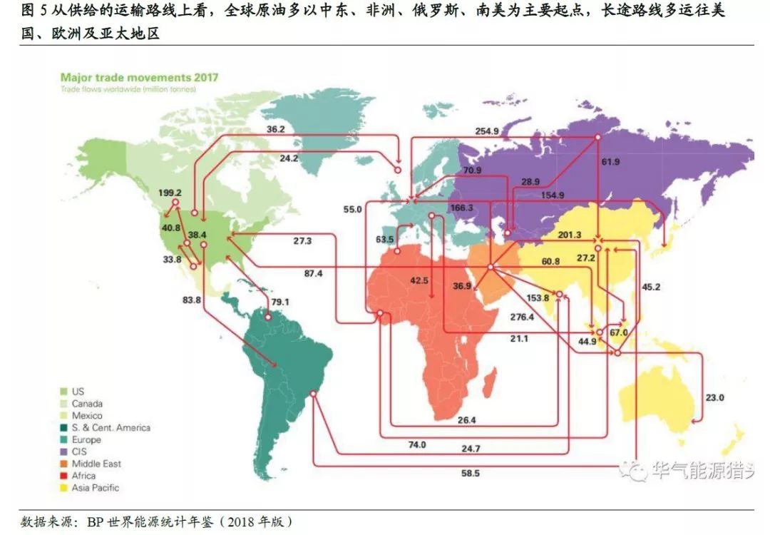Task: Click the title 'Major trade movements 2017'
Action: (139, 77)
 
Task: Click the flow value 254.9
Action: (487, 131)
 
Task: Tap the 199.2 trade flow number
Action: (171, 193)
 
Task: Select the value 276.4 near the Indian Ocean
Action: (522, 317)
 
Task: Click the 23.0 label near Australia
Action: (714, 398)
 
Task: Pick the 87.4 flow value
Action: (314, 273)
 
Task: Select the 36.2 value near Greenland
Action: (276, 130)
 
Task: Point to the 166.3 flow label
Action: (463, 208)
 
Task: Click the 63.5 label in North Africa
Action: (384, 239)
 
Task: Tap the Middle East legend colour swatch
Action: (63, 464)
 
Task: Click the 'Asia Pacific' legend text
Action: (96, 488)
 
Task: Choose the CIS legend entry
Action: (78, 452)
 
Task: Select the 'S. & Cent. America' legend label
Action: (111, 427)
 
